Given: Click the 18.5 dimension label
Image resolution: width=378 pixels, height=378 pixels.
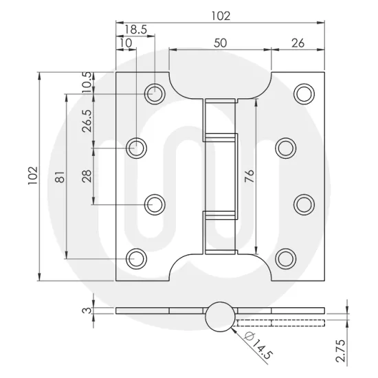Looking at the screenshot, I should tap(135, 30).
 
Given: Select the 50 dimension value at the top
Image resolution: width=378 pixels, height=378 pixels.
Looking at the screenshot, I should tap(220, 43).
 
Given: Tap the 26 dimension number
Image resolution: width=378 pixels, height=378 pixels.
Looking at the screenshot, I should tap(298, 43).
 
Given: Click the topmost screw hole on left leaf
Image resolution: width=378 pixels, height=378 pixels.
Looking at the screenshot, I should tap(155, 91).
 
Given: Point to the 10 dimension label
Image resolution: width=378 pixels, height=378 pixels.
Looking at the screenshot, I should tap(125, 43).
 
